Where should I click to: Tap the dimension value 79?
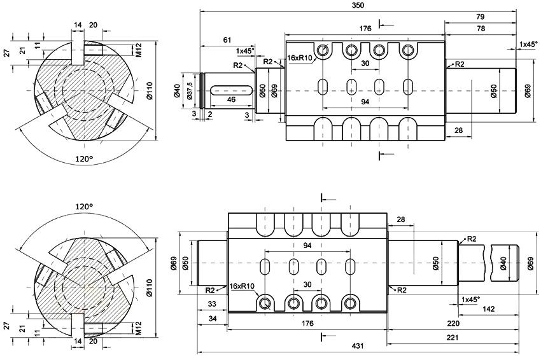point(480,17)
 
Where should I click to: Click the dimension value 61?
point(227,40)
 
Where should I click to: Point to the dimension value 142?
point(488,309)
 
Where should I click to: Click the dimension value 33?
point(212,304)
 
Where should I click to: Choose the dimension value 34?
point(212,318)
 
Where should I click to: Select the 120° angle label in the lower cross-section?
point(84,207)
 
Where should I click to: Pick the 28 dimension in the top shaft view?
point(458,130)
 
